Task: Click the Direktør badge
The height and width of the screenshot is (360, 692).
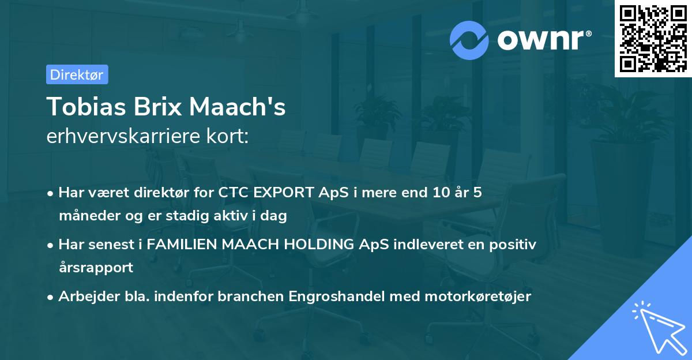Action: click(x=77, y=74)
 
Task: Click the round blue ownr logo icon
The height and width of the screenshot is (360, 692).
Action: click(x=469, y=40)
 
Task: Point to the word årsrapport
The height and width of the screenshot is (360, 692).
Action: click(x=96, y=267)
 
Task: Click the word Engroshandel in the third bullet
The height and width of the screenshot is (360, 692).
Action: click(x=335, y=296)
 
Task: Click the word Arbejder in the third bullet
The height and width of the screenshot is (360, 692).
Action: click(x=84, y=296)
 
